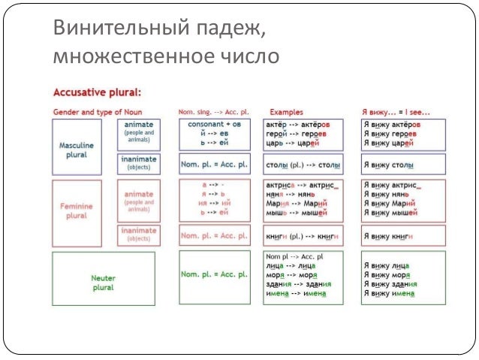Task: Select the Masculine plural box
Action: [76, 145]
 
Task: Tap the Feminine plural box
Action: [77, 208]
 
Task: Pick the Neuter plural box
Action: [103, 278]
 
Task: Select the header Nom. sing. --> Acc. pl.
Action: [214, 111]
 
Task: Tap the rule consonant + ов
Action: [214, 123]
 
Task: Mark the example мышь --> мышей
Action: [297, 213]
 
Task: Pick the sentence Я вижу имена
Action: [389, 294]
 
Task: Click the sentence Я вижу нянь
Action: [387, 194]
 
